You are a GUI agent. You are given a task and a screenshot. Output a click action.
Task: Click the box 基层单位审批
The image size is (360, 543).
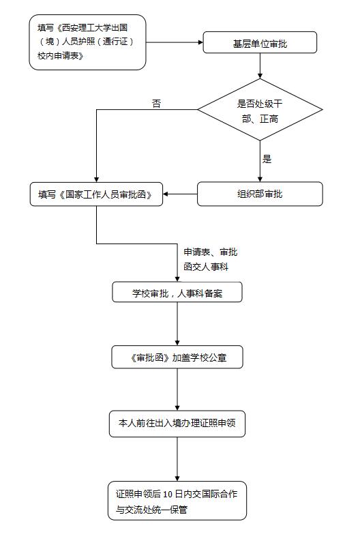click(x=260, y=42)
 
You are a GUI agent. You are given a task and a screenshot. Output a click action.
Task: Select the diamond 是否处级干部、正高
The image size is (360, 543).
click(x=260, y=110)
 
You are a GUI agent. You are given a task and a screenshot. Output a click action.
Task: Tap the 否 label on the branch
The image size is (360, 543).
click(x=156, y=104)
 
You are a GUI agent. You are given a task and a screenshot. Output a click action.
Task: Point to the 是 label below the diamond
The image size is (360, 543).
click(x=267, y=159)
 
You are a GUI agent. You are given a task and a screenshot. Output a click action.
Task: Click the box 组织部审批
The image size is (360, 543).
click(x=260, y=194)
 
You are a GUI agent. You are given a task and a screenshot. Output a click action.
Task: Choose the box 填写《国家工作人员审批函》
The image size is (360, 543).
click(x=96, y=194)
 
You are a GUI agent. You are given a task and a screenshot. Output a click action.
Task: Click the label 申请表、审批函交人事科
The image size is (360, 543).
click(x=211, y=259)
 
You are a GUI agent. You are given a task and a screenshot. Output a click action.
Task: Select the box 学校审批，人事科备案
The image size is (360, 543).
click(x=177, y=292)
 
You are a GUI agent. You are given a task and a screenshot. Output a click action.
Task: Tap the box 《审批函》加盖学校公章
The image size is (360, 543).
click(x=177, y=357)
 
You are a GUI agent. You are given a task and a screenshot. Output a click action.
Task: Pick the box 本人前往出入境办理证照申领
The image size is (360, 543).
click(x=177, y=424)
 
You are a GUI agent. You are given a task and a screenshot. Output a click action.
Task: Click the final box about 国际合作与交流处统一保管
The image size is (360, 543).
click(x=177, y=501)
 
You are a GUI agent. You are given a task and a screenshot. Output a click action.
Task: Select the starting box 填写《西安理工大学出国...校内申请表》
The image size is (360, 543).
click(x=87, y=42)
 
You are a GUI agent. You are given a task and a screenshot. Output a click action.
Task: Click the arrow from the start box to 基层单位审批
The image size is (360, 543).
click(x=175, y=42)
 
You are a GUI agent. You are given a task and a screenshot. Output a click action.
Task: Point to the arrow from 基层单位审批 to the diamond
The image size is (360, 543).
click(x=260, y=65)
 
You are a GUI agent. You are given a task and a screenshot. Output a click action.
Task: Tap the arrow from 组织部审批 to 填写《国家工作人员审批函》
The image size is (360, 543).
click(x=180, y=194)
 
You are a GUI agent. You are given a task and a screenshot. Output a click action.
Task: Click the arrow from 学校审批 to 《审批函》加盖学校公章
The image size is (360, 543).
click(x=177, y=324)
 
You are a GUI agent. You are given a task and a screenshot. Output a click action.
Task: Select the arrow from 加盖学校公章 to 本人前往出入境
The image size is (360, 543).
click(x=177, y=390)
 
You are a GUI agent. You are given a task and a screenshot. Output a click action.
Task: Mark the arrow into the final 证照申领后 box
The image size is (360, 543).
click(x=177, y=459)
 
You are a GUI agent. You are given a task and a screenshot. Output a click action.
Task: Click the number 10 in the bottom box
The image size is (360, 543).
click(x=168, y=495)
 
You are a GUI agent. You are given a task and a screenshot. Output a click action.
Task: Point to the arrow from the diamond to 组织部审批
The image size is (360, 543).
click(x=260, y=162)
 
